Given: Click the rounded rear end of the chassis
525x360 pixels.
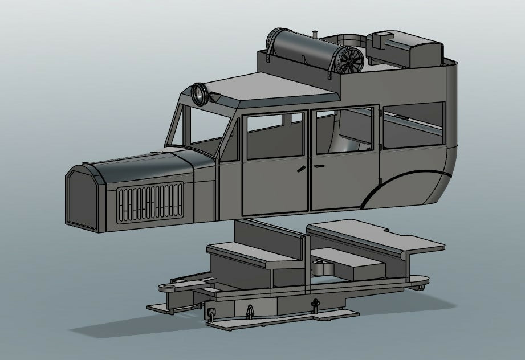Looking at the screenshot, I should pyautogui.click(x=423, y=281).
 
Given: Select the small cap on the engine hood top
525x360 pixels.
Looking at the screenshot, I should pyautogui.click(x=154, y=153).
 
